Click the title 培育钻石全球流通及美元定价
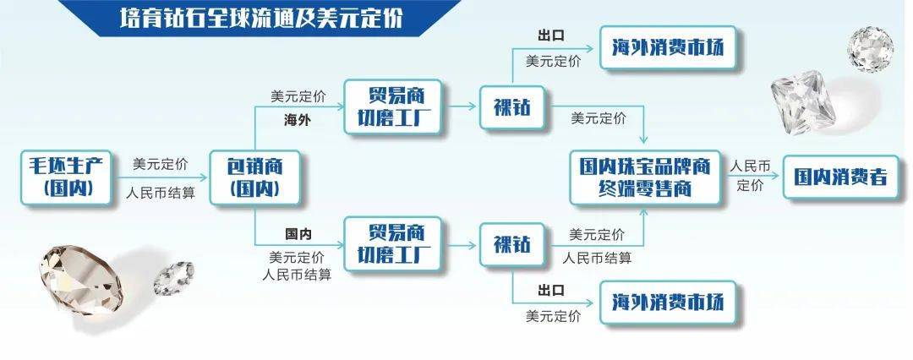click(261, 19)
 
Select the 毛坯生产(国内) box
click(66, 177)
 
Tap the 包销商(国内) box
click(254, 177)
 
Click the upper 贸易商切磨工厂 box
click(392, 106)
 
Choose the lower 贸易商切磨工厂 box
click(392, 243)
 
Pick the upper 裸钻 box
click(512, 107)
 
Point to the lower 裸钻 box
click(512, 245)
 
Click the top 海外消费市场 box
click(668, 47)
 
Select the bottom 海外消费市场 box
click(668, 303)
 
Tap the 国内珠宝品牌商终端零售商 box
click(644, 177)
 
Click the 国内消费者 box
click(841, 177)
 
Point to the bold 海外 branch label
click(298, 121)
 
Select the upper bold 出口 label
click(551, 35)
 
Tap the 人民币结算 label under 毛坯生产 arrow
click(161, 194)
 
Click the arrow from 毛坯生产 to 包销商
click(161, 177)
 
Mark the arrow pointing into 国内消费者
click(752, 177)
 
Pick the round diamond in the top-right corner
click(870, 49)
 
